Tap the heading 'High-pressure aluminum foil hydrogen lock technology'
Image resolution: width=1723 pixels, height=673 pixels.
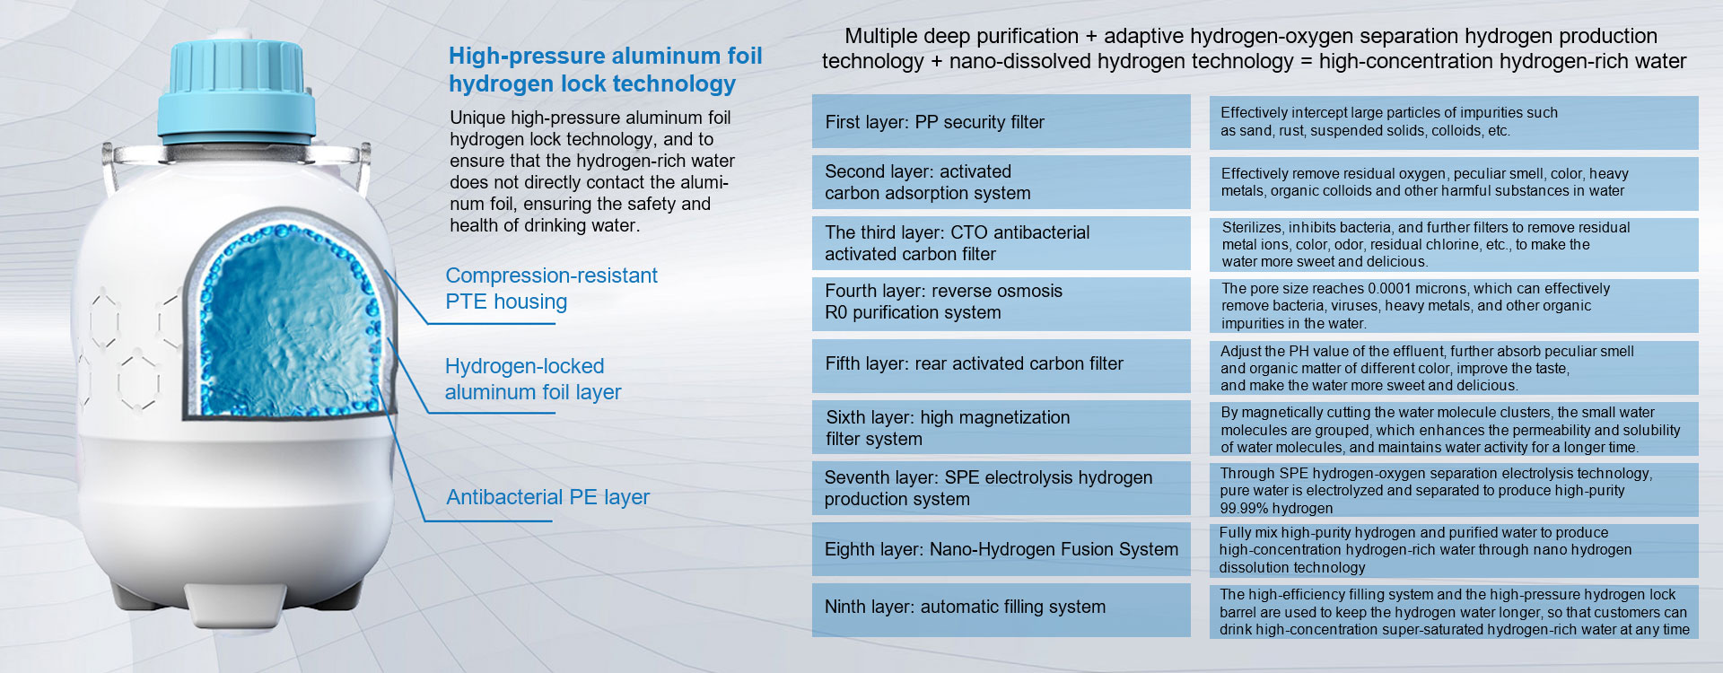[x=606, y=70]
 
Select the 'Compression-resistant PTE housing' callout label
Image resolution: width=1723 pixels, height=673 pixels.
[x=552, y=288]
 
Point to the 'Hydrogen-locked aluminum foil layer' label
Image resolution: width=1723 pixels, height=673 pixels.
[x=533, y=379]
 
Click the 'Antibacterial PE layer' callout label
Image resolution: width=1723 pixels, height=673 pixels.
[x=548, y=497]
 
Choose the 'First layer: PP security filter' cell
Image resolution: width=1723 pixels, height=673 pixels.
[x=1001, y=121]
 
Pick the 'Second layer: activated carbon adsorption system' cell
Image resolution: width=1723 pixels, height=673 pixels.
[x=1001, y=182]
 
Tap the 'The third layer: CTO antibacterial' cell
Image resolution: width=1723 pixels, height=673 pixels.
[x=1001, y=243]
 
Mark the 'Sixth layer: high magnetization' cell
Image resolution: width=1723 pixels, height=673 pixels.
[x=1001, y=427]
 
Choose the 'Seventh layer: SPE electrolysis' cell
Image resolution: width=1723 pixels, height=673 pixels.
[x=1001, y=488]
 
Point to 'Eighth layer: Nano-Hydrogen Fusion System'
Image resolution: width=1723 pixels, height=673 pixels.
[x=1001, y=549]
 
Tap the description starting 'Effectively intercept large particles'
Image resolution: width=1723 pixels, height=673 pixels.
[x=1389, y=121]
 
